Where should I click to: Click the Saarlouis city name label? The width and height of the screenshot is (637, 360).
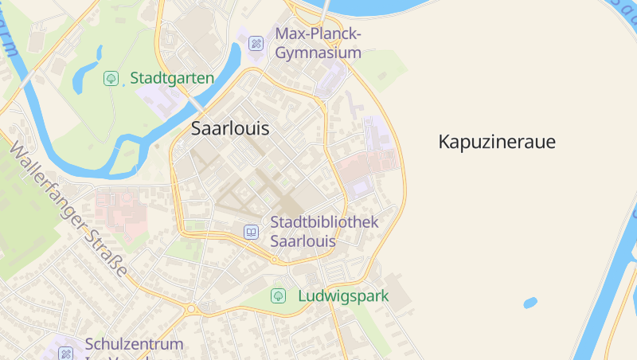click(230, 128)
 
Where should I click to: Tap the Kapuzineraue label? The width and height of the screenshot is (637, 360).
click(497, 143)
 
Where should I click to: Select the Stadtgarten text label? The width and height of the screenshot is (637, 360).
click(172, 78)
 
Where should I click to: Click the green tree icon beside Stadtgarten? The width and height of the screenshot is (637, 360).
click(111, 78)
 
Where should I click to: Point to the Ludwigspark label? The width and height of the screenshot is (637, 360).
click(343, 296)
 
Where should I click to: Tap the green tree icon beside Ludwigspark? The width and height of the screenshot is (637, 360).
click(279, 296)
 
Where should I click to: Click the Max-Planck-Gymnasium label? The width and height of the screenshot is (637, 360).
click(318, 43)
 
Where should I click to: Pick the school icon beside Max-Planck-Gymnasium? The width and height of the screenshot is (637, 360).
click(256, 43)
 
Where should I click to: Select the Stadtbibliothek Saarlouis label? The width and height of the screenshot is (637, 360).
click(324, 231)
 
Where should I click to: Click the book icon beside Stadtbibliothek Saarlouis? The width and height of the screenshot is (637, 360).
click(252, 232)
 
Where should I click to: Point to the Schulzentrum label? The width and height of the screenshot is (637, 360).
click(134, 345)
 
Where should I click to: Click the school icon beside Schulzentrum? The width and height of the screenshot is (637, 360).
click(66, 353)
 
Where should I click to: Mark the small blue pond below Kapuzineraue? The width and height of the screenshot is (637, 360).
click(530, 303)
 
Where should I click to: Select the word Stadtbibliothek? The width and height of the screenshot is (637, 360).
click(324, 222)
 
